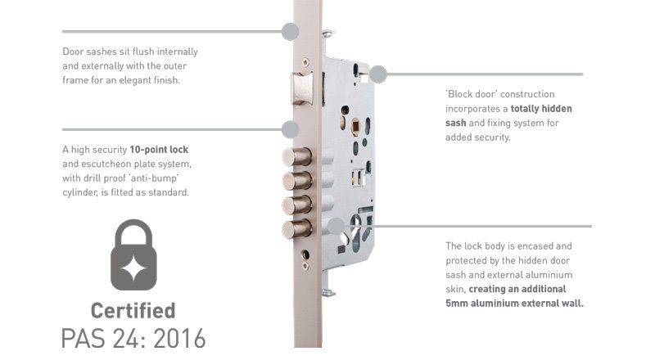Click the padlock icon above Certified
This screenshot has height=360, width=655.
[133, 254]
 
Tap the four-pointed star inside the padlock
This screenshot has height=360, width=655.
[133, 268]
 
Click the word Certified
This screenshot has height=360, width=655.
[133, 311]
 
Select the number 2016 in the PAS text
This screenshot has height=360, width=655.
[179, 338]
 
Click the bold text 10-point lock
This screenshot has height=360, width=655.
[159, 150]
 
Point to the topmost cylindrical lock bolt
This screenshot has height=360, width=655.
[297, 157]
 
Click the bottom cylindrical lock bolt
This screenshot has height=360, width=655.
[297, 229]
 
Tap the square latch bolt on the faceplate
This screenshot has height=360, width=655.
[302, 88]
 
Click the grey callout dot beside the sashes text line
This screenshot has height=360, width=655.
[290, 31]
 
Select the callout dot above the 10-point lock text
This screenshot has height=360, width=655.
[291, 129]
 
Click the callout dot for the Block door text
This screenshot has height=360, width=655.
[378, 74]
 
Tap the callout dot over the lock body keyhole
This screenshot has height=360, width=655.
[336, 226]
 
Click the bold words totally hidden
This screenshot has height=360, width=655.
[541, 109]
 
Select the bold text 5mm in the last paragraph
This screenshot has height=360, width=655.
[457, 304]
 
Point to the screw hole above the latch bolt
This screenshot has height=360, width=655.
[305, 62]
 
